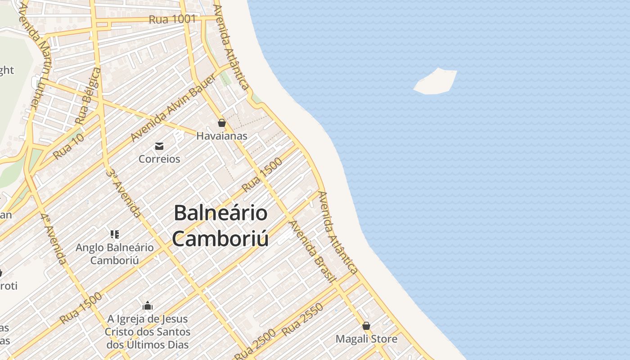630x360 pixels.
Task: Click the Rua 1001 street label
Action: point(172,19)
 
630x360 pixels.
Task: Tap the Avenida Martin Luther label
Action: point(40,54)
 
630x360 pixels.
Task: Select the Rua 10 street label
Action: point(68,147)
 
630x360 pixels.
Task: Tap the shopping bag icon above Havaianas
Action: point(221,122)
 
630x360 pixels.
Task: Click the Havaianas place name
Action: point(221,135)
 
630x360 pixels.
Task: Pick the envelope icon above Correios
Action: point(159,146)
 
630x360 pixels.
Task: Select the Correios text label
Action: point(159,159)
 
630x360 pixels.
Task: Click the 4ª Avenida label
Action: point(54,238)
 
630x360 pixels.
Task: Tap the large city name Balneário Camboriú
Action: point(220,225)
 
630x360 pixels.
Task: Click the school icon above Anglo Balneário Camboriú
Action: point(114,234)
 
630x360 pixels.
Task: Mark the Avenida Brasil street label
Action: point(313,252)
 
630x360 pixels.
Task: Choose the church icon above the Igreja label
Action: point(147,306)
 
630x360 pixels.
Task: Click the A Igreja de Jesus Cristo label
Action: point(148,332)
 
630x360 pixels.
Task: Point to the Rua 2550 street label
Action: point(302,320)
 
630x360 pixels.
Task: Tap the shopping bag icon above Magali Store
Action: point(366,326)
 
